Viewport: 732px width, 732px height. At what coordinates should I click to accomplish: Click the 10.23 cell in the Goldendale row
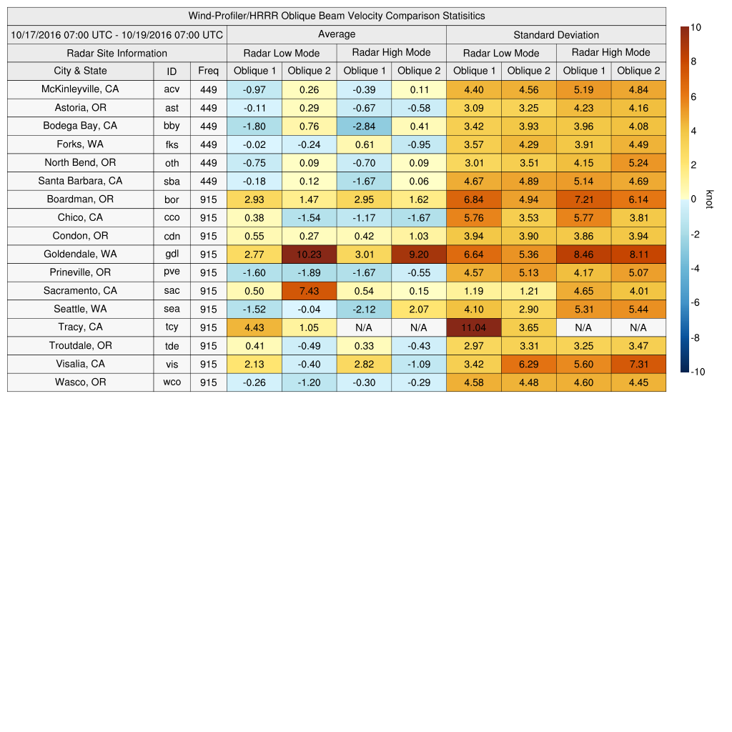309,254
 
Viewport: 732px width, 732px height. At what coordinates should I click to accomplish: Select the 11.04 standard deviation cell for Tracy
474,327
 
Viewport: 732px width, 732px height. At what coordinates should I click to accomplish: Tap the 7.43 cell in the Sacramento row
309,291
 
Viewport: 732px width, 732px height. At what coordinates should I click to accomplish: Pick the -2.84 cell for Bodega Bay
364,126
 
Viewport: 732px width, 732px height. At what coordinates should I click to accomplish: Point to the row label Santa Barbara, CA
80,181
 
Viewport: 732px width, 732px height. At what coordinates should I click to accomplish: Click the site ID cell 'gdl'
172,254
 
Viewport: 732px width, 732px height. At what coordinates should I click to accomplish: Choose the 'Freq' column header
208,71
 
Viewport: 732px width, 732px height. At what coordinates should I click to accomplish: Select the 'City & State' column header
80,71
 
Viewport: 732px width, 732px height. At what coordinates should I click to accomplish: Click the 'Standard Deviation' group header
556,35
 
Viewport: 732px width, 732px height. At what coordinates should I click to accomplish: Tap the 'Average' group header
336,34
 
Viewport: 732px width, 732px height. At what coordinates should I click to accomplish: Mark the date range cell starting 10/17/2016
117,35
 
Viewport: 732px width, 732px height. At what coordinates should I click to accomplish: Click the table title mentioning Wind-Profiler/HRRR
337,16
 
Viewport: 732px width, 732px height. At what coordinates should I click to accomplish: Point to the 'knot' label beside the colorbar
710,199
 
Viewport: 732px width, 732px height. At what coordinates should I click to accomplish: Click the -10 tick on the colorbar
698,372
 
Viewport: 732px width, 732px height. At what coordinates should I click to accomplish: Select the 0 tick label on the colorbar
693,199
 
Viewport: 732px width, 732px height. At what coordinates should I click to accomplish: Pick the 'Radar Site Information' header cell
117,53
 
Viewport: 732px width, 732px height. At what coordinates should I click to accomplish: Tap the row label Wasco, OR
80,382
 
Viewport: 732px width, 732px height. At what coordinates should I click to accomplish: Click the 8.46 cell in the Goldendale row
583,254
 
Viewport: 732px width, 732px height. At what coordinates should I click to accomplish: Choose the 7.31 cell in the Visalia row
638,364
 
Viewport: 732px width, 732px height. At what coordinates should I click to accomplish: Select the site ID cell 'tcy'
172,327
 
